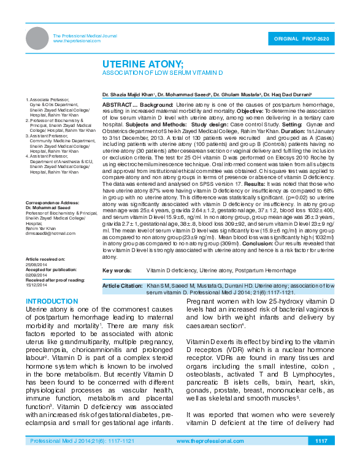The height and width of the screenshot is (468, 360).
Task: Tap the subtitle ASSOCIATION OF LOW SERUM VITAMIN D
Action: point(162,73)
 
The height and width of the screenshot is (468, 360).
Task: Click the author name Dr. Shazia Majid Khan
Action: point(129,95)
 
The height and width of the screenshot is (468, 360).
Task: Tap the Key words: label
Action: point(117,270)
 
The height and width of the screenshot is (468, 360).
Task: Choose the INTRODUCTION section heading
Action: point(52,302)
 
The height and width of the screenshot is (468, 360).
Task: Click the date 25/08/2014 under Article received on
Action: point(36,264)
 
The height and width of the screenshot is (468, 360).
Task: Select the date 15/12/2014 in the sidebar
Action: point(36,285)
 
